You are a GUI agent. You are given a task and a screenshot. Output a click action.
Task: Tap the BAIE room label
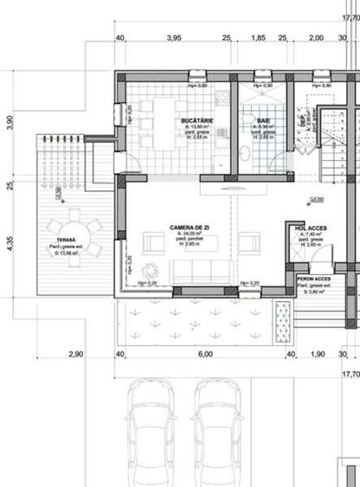point(264,119)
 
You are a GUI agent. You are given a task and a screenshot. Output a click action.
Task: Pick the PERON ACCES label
point(313,279)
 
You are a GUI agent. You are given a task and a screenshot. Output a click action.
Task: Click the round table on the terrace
point(74,229)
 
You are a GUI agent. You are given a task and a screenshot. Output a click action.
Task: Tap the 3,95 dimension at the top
point(173,38)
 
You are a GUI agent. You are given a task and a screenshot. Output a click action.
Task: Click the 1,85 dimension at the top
point(258,38)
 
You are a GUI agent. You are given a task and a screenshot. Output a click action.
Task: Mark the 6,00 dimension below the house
point(205,355)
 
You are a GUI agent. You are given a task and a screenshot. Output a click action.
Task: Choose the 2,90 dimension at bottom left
point(76,355)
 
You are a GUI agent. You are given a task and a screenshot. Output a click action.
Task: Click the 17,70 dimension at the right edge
point(350,375)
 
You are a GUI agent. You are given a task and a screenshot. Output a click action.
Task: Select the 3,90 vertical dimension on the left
point(10,123)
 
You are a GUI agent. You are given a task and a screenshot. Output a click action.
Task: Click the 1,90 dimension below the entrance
point(317,355)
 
